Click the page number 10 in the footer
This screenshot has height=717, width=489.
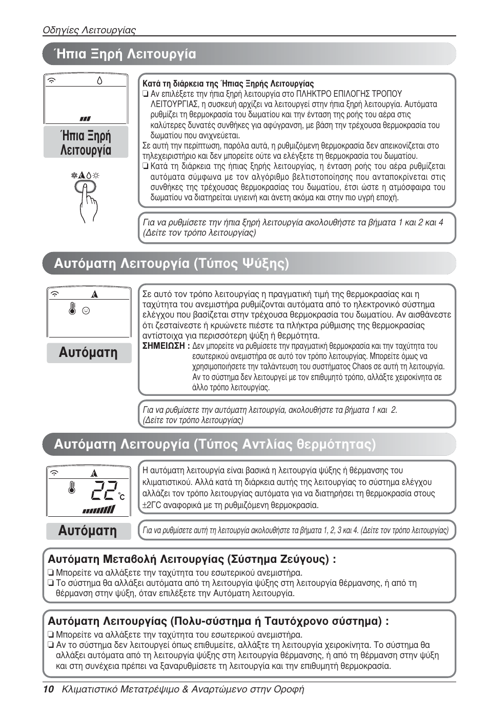point(48,689)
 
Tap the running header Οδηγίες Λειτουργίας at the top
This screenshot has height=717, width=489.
point(89,30)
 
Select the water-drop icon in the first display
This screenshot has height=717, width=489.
point(99,80)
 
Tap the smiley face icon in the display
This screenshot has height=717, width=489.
point(86,310)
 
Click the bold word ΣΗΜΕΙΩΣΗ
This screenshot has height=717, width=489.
point(164,346)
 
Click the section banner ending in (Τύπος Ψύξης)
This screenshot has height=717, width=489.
point(172,263)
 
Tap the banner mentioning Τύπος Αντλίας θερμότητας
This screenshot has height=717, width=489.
point(215,444)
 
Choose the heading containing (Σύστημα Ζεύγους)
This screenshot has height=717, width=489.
point(192,559)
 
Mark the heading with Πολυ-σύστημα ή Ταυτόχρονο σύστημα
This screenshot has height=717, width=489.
point(218,621)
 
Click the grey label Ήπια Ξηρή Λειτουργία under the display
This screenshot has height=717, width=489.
point(86,143)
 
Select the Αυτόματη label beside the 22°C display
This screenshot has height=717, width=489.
point(88,531)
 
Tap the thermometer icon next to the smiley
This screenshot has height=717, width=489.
point(72,309)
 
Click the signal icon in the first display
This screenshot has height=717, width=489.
point(51,80)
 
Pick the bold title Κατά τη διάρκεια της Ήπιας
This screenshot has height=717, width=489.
point(228,83)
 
